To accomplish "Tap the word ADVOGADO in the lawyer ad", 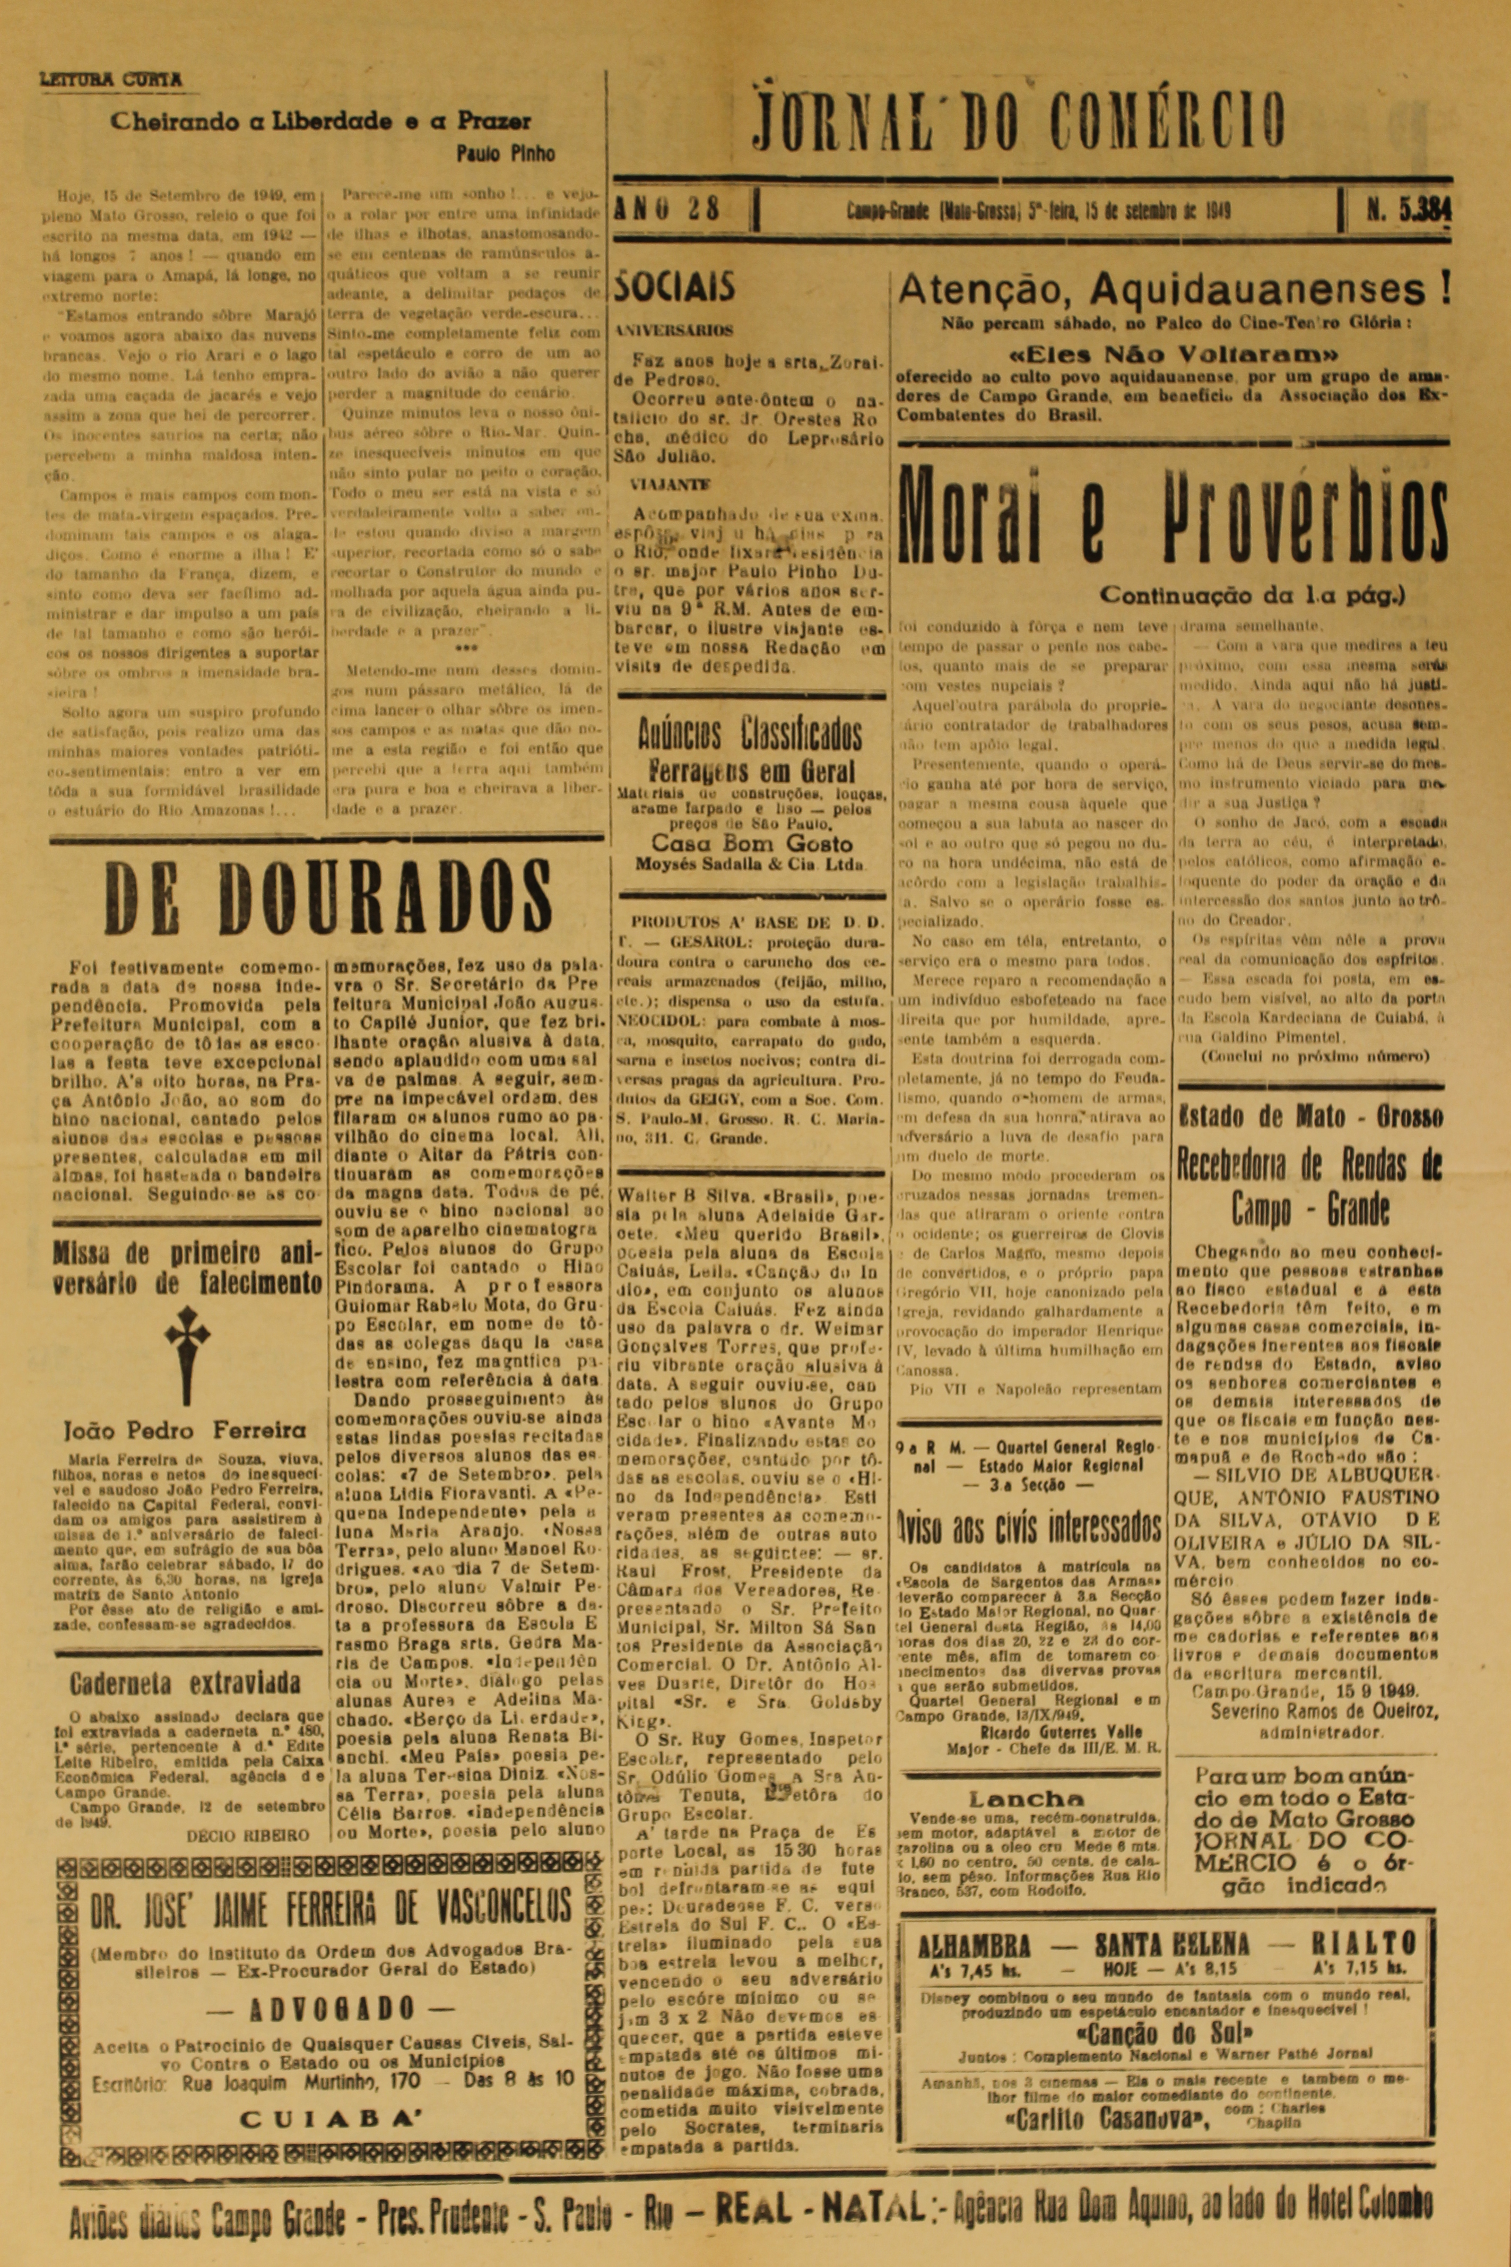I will click(332, 2002).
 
